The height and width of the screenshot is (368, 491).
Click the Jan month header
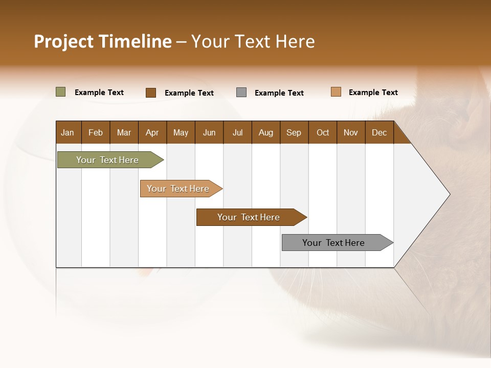point(68,132)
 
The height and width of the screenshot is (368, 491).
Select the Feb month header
point(96,132)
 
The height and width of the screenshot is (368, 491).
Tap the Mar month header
point(124,132)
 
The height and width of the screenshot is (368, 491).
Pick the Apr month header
point(152,132)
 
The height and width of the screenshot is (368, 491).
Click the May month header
point(181,132)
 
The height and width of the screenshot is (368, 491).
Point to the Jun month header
point(209,132)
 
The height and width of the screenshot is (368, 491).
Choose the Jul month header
point(237,132)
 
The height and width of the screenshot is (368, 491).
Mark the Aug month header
point(266,132)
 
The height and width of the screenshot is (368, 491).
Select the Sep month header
point(294,132)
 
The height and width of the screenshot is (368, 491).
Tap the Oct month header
point(323,132)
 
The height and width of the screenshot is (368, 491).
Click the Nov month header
point(351,132)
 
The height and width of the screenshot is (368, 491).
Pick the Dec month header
point(380,132)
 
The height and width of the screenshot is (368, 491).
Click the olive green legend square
point(61,92)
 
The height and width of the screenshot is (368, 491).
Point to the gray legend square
point(241,93)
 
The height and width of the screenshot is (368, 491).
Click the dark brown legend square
point(151,93)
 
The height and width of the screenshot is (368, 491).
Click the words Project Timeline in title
point(102,41)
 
